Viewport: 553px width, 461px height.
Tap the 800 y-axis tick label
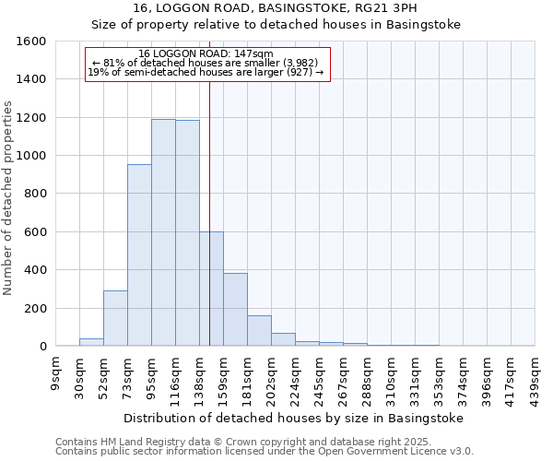(x=35, y=195)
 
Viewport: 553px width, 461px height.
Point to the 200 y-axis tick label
(x=35, y=309)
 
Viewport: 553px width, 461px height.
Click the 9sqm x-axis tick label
(x=55, y=374)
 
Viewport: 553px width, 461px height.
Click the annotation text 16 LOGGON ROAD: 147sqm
(x=206, y=53)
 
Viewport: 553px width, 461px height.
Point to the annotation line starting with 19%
(x=206, y=71)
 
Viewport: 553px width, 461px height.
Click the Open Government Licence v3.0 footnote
(x=265, y=452)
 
